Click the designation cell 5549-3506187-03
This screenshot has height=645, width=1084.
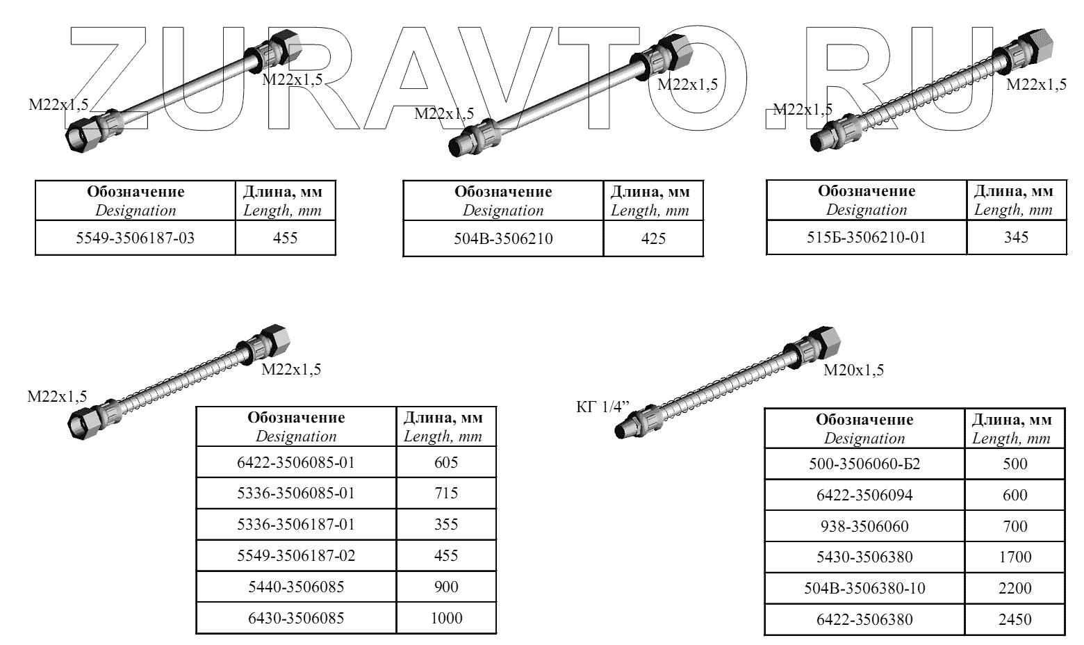[135, 238]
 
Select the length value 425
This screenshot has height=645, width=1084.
[653, 239]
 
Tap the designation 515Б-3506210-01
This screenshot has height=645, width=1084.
[867, 238]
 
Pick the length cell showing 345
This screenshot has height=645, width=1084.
[1016, 238]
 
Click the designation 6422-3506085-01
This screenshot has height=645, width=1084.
[296, 462]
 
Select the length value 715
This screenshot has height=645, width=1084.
[446, 493]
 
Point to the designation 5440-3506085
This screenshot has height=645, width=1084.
[296, 587]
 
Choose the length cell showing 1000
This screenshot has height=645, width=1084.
[446, 619]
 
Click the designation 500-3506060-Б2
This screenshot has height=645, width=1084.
[864, 464]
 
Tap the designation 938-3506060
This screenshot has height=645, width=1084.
[864, 526]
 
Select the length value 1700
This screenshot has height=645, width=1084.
[1015, 557]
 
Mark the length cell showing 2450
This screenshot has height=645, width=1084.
[1015, 620]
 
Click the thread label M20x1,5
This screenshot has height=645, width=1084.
[853, 370]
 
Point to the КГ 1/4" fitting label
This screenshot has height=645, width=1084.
[602, 407]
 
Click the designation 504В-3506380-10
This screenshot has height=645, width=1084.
[864, 589]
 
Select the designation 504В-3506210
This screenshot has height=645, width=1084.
[503, 239]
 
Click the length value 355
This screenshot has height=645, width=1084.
[446, 524]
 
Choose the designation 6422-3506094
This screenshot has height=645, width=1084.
[864, 495]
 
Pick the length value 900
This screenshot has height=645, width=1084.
[446, 587]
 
